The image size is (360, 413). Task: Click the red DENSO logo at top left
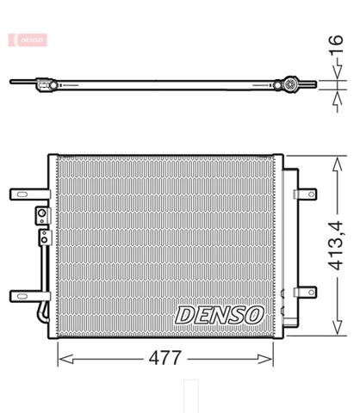pyautogui.click(x=28, y=40)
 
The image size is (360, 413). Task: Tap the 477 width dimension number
pyautogui.click(x=165, y=358)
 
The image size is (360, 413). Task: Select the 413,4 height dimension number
pyautogui.click(x=336, y=246)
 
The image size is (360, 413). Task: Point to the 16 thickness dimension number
pyautogui.click(x=336, y=44)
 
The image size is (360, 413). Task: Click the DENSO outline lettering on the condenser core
pyautogui.click(x=220, y=315)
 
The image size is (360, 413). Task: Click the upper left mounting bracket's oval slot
pyautogui.click(x=22, y=194)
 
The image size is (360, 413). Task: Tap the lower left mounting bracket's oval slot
pyautogui.click(x=22, y=296)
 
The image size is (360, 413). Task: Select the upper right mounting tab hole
pyautogui.click(x=311, y=194)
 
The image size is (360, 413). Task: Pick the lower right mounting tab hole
pyautogui.click(x=311, y=293)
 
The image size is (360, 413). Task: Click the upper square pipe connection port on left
pyautogui.click(x=42, y=215)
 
